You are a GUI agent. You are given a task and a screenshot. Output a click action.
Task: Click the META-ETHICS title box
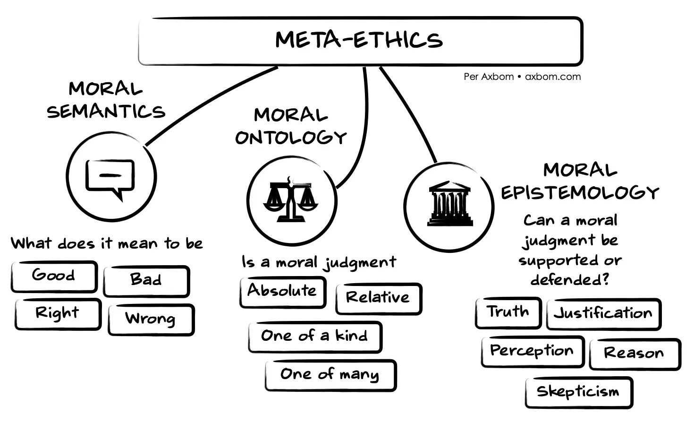coord(360,41)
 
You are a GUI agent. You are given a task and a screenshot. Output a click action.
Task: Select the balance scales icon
coord(291,199)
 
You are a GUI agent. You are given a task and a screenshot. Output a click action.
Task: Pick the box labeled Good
coord(54,276)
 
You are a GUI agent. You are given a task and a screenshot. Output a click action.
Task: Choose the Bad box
coord(146,280)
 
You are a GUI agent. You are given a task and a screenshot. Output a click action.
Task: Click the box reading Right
coord(58,314)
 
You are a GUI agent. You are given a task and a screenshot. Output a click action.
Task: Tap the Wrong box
coord(151,319)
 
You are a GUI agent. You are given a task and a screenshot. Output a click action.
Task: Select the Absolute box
coord(282,292)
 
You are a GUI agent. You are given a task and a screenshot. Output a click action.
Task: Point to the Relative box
coord(378,298)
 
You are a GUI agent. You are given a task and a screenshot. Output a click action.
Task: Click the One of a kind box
coord(315,337)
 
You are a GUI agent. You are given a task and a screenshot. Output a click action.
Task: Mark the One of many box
coord(330,375)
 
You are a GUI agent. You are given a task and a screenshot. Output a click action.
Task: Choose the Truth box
coord(508,312)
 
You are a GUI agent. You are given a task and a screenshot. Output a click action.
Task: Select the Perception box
coord(532,351)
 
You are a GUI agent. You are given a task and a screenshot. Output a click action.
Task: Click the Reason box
coord(634,354)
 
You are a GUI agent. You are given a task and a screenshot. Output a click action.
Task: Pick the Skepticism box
coord(578,392)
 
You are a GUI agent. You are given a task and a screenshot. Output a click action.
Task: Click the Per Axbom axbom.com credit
coord(522,77)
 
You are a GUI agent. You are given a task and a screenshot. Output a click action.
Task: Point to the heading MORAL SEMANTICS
coord(106,100)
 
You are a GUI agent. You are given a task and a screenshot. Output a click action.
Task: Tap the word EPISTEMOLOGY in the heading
coord(580,193)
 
